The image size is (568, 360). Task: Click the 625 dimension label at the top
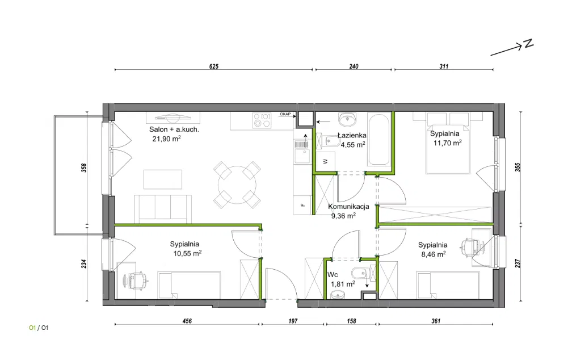click(x=214, y=66)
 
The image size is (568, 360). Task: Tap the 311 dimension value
click(x=444, y=66)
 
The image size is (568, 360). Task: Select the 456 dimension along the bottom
click(x=187, y=321)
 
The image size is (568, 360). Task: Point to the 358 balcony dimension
click(x=84, y=168)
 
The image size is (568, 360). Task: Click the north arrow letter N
click(x=529, y=44)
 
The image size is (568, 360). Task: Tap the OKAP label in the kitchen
click(x=285, y=114)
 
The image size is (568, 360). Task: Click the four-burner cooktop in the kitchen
click(x=262, y=120)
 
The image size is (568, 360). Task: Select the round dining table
click(x=237, y=185)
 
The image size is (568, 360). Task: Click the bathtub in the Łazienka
click(x=378, y=139)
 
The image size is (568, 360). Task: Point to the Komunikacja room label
click(x=348, y=206)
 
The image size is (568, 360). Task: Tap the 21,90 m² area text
click(x=167, y=139)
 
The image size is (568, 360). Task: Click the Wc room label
click(x=333, y=275)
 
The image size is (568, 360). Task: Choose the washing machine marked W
click(x=325, y=161)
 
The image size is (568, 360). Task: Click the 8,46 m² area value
click(x=434, y=254)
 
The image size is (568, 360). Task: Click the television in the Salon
click(x=173, y=117)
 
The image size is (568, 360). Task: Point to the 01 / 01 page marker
click(x=39, y=328)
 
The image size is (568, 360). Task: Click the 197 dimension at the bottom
click(x=293, y=321)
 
